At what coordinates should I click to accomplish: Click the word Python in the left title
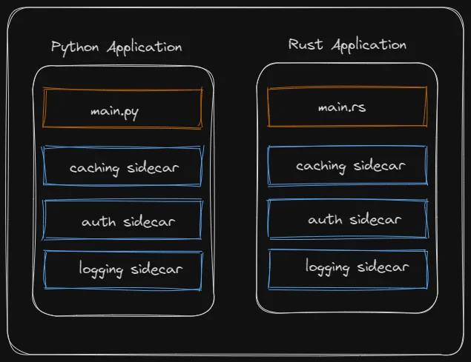coord(75,48)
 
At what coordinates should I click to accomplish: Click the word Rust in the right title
coord(306,44)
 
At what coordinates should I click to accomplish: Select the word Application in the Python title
coord(145,48)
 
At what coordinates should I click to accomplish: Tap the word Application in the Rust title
coord(369,46)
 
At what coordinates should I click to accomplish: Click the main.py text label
coord(114,113)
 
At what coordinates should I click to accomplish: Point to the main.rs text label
coord(342,107)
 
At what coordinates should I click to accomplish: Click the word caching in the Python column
coord(94,169)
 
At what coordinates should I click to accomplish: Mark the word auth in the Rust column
coord(325,220)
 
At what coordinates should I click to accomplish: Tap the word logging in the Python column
coord(101,269)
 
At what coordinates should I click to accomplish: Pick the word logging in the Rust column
coord(327,267)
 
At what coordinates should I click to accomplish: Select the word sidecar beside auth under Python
coord(149,221)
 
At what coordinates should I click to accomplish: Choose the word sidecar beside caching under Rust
coord(379,166)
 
